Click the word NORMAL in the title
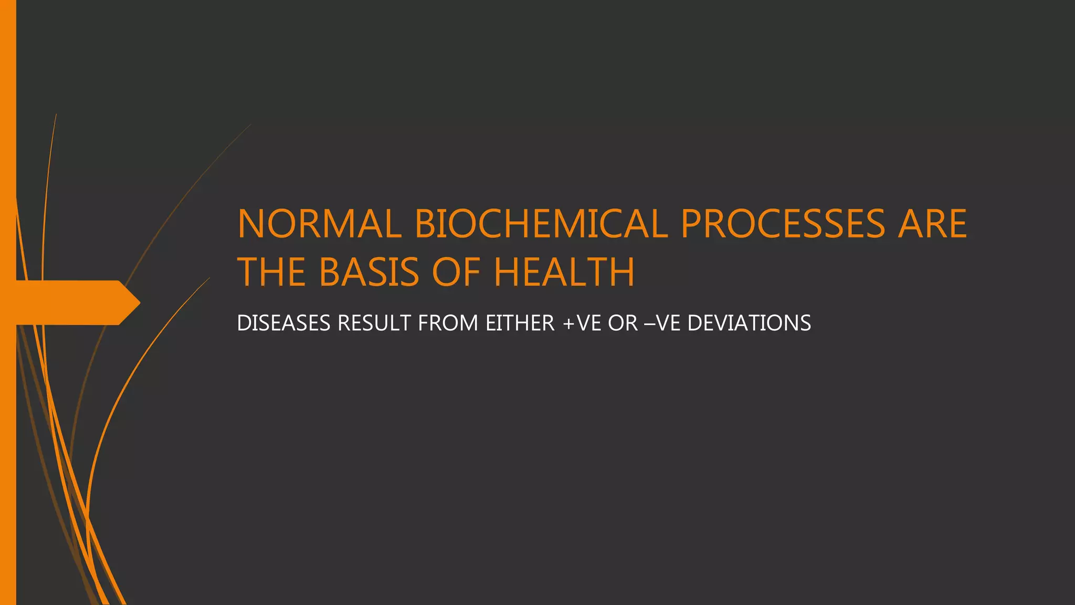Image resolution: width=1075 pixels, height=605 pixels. pos(319,224)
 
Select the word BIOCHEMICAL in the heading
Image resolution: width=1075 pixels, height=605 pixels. pos(541,224)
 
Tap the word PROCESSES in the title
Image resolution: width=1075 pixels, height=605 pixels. pos(782,224)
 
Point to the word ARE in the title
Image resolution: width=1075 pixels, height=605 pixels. pos(932,224)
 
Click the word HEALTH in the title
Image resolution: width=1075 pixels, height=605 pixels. pos(564,272)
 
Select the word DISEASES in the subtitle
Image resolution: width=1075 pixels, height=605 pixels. pos(283,323)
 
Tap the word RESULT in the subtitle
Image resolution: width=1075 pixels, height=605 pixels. pos(374,323)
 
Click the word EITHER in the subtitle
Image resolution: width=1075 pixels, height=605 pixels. pos(520,323)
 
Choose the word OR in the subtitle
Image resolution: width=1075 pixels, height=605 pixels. pos(623,323)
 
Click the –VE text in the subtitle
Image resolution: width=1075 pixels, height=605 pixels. pos(662,323)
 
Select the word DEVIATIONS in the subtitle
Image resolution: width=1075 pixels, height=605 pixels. pos(749,323)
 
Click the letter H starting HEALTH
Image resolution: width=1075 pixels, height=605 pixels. pos(507,272)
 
